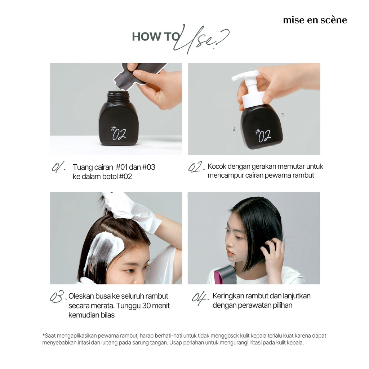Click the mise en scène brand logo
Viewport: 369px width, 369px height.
coord(315,20)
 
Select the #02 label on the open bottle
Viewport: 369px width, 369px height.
coord(118,133)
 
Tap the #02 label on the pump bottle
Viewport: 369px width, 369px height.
coord(263,135)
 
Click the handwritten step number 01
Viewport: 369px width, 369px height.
coord(58,167)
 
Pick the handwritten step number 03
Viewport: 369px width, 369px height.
coord(57,296)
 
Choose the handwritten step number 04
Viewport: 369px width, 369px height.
coord(200,298)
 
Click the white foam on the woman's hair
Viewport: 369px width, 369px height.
coord(103,249)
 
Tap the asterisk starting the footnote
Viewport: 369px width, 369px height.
coord(43,334)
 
